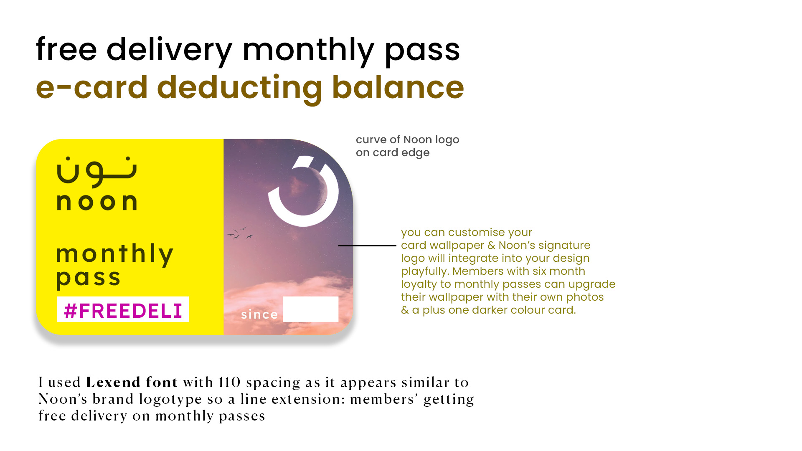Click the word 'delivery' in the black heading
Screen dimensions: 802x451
pyautogui.click(x=169, y=51)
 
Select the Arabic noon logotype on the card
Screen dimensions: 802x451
pyautogui.click(x=96, y=171)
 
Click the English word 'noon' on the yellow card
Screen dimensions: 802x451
pyautogui.click(x=96, y=202)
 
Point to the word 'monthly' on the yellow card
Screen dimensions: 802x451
pyautogui.click(x=115, y=254)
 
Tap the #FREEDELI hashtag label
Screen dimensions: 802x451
pyautogui.click(x=123, y=310)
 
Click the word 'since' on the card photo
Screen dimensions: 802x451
pyautogui.click(x=259, y=314)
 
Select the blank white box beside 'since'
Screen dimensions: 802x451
pyautogui.click(x=311, y=309)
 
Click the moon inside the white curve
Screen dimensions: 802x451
pyautogui.click(x=307, y=190)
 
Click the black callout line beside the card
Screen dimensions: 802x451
pyautogui.click(x=367, y=246)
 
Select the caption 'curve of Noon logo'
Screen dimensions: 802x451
pyautogui.click(x=407, y=140)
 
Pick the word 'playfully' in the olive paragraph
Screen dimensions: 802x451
pyautogui.click(x=425, y=271)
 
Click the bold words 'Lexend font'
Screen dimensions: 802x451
pyautogui.click(x=132, y=382)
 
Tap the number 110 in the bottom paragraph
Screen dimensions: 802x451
pyautogui.click(x=229, y=382)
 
